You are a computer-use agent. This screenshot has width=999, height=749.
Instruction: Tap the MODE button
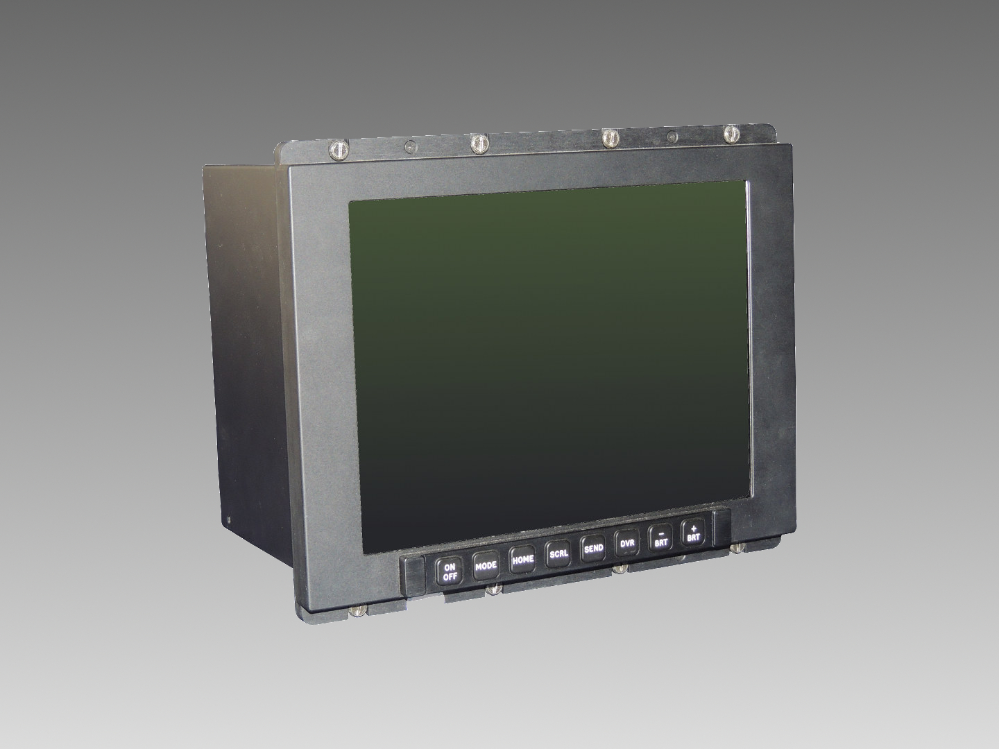(x=486, y=567)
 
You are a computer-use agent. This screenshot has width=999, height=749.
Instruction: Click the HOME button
(x=522, y=560)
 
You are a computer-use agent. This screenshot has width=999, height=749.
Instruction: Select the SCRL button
(x=558, y=554)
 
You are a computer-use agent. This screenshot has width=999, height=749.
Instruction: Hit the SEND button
(x=593, y=549)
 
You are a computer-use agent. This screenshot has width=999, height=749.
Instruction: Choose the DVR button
(x=627, y=543)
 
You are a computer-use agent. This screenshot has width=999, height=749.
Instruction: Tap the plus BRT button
(x=693, y=533)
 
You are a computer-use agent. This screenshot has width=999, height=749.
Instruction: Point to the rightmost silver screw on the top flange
(x=732, y=132)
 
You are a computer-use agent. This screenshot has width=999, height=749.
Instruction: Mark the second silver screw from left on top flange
(x=478, y=143)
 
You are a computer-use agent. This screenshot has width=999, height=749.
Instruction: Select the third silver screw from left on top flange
(x=609, y=137)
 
